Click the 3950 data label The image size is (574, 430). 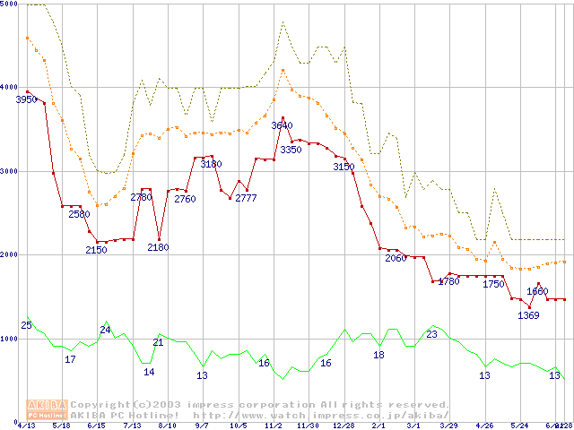(26, 99)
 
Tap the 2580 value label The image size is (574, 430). (79, 214)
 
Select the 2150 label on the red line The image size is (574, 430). (96, 250)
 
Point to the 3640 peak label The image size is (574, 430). (282, 125)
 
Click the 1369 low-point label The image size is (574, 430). (528, 315)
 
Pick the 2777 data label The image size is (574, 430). (246, 198)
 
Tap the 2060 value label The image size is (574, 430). (396, 258)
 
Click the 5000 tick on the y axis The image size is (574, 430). (9, 5)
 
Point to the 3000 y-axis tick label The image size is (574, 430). (9, 172)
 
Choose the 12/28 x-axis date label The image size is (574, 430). (344, 426)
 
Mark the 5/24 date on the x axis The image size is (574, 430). (518, 426)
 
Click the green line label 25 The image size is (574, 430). (26, 324)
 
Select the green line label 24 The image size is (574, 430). (105, 330)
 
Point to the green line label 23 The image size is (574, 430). (431, 333)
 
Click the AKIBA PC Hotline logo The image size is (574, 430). (48, 408)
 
